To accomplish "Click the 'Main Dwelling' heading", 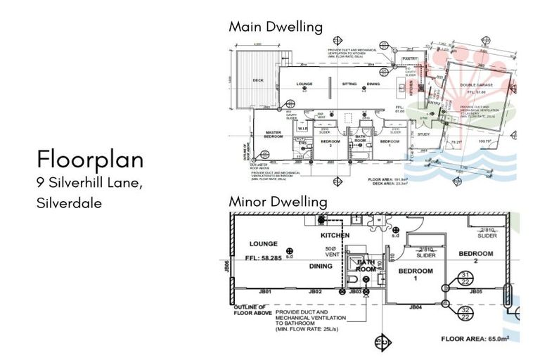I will click(x=275, y=27).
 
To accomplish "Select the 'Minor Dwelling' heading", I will click(x=278, y=202).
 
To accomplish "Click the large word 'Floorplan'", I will click(x=90, y=159).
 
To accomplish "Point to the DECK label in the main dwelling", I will click(x=257, y=80).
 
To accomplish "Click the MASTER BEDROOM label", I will click(x=272, y=134).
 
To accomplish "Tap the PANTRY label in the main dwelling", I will click(x=411, y=58).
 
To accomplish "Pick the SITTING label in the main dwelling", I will click(x=349, y=84).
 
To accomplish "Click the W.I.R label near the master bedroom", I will click(x=302, y=129).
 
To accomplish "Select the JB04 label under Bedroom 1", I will click(x=415, y=307).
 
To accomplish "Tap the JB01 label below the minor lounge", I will click(x=265, y=291).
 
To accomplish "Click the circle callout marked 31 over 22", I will click(x=465, y=278).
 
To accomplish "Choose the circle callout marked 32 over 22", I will click(x=465, y=312).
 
